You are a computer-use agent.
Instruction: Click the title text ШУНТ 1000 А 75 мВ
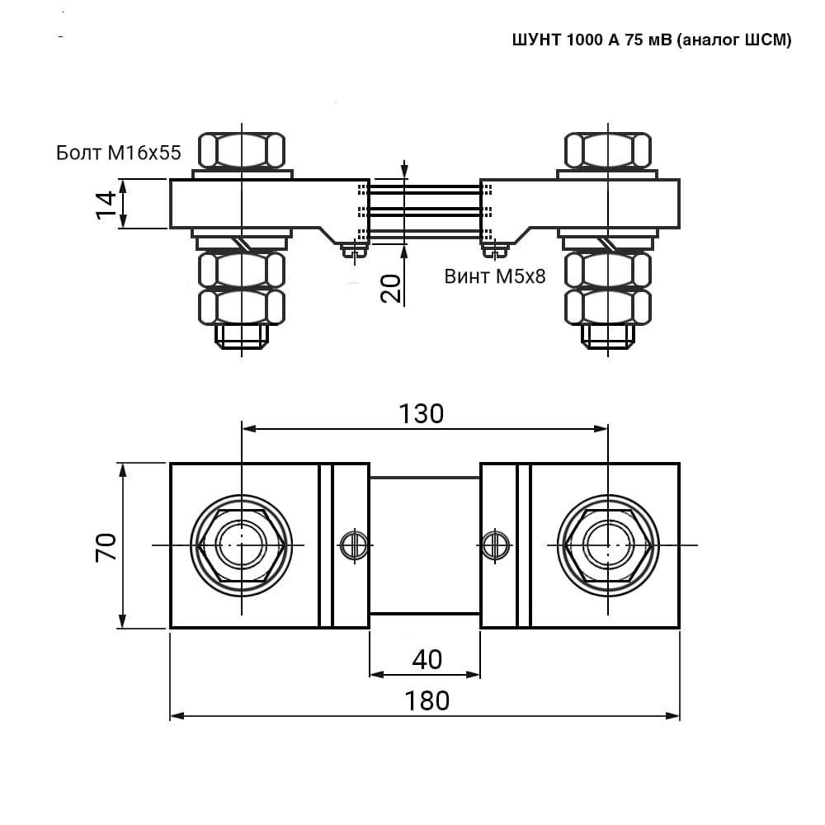pyautogui.click(x=592, y=40)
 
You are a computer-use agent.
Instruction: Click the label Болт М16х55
pyautogui.click(x=118, y=153)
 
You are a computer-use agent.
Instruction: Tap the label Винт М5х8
pyautogui.click(x=495, y=276)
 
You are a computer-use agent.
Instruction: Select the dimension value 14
pyautogui.click(x=106, y=205)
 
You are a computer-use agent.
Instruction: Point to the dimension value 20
pyautogui.click(x=391, y=288)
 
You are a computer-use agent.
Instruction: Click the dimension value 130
pyautogui.click(x=422, y=414)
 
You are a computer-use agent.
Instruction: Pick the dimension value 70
pyautogui.click(x=106, y=547)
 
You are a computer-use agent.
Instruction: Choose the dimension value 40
pyautogui.click(x=427, y=660)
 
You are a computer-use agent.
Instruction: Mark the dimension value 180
pyautogui.click(x=427, y=700)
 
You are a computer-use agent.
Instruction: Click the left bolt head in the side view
pyautogui.click(x=242, y=150)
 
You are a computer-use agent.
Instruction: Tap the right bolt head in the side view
pyautogui.click(x=608, y=150)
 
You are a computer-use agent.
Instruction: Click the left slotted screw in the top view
pyautogui.click(x=354, y=545)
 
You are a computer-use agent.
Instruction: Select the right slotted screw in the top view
pyautogui.click(x=496, y=545)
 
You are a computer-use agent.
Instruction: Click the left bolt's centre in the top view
pyautogui.click(x=242, y=545)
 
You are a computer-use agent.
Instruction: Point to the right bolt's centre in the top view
pyautogui.click(x=608, y=545)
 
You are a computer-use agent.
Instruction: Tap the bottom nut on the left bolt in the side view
pyautogui.click(x=242, y=307)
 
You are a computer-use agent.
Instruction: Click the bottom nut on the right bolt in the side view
pyautogui.click(x=608, y=307)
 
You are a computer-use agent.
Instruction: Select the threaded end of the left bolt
pyautogui.click(x=242, y=337)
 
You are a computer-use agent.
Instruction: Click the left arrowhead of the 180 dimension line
pyautogui.click(x=177, y=715)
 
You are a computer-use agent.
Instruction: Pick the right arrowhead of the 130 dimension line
pyautogui.click(x=601, y=429)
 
